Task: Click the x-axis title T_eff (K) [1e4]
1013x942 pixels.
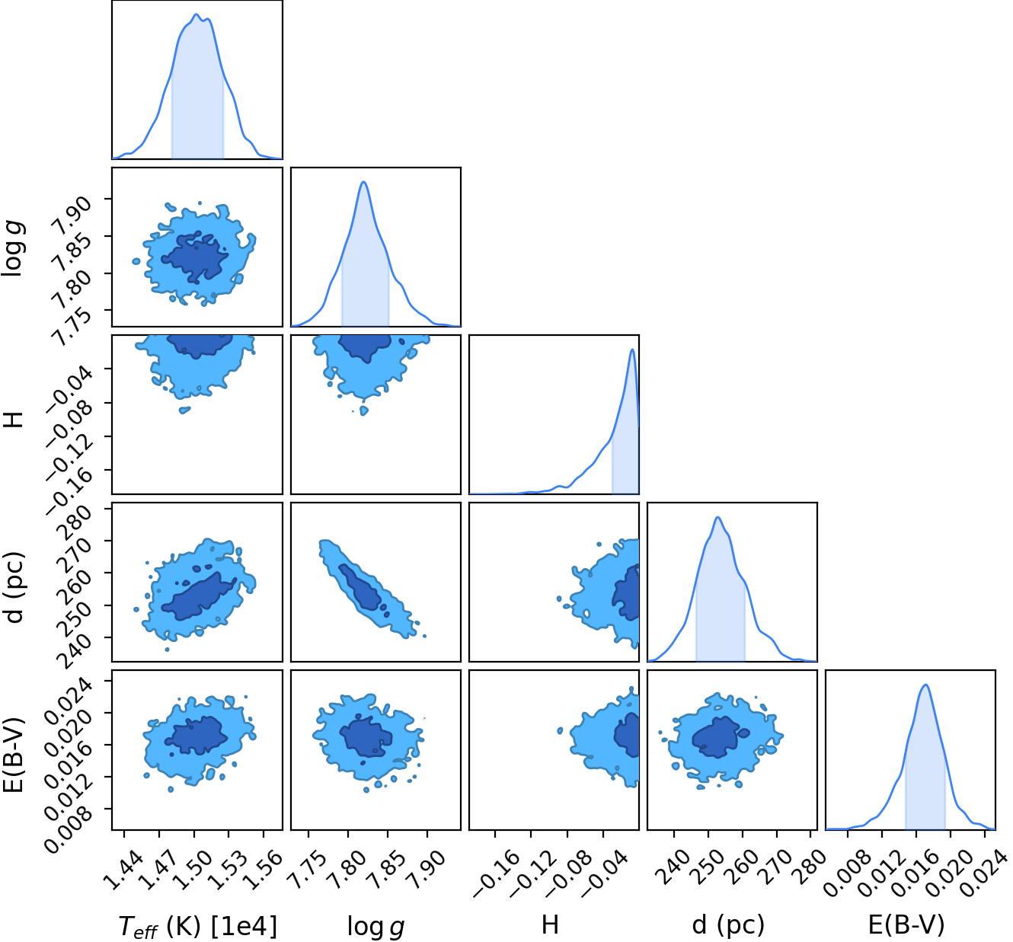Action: (198, 926)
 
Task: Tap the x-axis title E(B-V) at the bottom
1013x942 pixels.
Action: (907, 924)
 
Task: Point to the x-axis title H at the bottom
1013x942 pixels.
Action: (550, 924)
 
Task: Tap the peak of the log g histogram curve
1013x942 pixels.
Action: (363, 181)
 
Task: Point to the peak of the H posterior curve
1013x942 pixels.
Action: (632, 350)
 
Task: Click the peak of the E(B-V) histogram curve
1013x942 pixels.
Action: (925, 685)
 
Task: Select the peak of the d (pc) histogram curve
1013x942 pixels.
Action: (717, 517)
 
